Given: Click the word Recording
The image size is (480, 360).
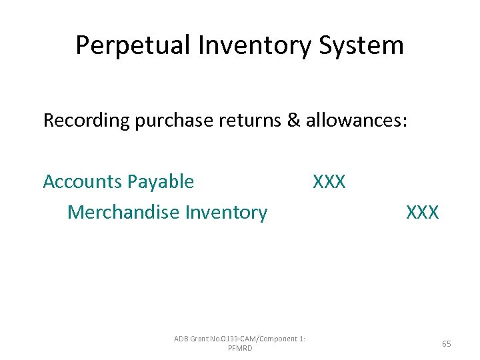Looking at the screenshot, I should (x=86, y=121).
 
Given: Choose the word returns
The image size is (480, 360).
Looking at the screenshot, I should (x=244, y=121).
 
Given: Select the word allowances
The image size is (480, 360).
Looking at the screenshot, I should (x=351, y=121).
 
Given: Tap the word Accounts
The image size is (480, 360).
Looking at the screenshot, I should (x=83, y=181).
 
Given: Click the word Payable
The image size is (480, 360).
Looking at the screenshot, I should (x=161, y=181).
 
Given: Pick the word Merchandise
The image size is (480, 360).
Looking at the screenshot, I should (x=124, y=213).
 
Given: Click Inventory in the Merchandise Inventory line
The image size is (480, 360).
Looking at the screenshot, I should (x=226, y=213).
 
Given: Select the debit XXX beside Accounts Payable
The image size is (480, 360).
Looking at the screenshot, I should (x=329, y=181).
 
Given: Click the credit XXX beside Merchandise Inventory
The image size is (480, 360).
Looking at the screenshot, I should (x=423, y=213).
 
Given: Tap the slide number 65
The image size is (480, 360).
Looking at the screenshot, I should (x=447, y=344).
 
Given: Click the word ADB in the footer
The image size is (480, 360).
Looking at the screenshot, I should (x=181, y=339).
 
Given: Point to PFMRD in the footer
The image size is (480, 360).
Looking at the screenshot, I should (x=240, y=349).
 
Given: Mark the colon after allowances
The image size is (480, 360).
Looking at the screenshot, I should (x=403, y=122).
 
